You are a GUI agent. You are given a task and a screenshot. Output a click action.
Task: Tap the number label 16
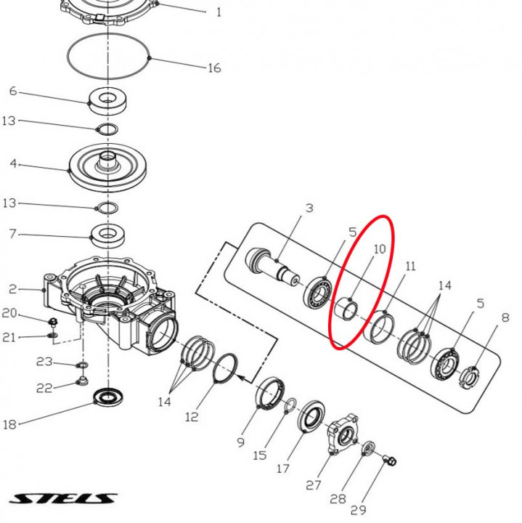[213, 68]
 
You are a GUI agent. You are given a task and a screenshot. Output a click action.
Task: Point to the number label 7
[12, 235]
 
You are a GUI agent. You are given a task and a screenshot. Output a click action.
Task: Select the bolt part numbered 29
[389, 461]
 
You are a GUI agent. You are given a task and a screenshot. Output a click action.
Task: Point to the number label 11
[410, 267]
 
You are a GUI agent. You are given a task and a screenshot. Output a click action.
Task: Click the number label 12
[191, 417]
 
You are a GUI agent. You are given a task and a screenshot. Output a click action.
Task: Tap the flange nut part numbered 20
[53, 321]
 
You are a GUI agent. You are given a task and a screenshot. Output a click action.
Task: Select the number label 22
[44, 388]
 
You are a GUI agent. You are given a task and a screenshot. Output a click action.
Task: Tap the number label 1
[219, 12]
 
